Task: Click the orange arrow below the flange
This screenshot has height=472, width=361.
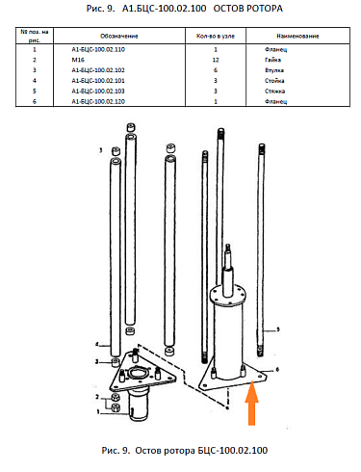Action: [252, 403]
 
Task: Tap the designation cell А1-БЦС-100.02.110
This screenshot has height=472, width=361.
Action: [98, 49]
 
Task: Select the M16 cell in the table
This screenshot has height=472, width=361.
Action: [78, 60]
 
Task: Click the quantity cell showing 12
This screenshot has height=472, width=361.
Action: [216, 60]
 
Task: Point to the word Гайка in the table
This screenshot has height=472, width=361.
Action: [272, 60]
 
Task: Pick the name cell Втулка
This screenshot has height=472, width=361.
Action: [274, 70]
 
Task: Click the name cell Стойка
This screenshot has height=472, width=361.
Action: [274, 81]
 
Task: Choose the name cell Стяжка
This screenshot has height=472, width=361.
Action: [274, 92]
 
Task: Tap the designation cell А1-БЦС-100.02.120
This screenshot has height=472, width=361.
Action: [98, 101]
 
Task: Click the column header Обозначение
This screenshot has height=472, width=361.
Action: [119, 36]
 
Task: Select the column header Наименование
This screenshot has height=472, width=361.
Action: [297, 36]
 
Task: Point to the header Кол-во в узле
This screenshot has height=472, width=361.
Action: [216, 36]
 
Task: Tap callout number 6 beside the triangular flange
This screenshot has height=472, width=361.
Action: [277, 370]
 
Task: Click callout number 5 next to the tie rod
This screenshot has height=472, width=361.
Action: [278, 329]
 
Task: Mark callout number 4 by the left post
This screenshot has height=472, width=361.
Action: [97, 345]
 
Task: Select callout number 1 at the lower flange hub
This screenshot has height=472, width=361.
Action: [98, 411]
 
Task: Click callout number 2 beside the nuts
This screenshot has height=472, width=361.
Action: [97, 397]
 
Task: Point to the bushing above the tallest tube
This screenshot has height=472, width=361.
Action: [131, 127]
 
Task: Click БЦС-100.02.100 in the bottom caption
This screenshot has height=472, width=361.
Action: [232, 451]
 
